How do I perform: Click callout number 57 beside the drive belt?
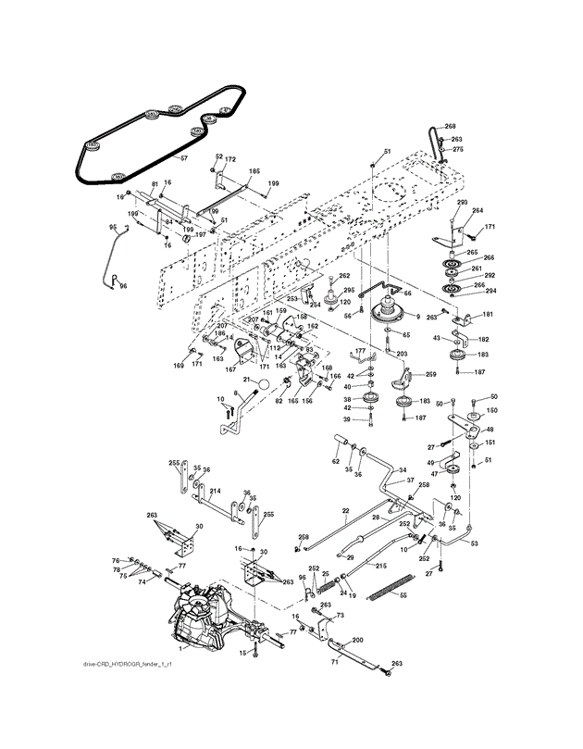point(184,159)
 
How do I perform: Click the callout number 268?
point(450,126)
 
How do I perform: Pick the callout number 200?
point(357,641)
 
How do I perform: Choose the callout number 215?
point(381,565)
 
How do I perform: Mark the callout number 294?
point(490,291)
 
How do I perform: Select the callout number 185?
point(254,171)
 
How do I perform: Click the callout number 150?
point(492,410)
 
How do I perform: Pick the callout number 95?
point(113,227)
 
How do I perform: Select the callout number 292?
point(490,275)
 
